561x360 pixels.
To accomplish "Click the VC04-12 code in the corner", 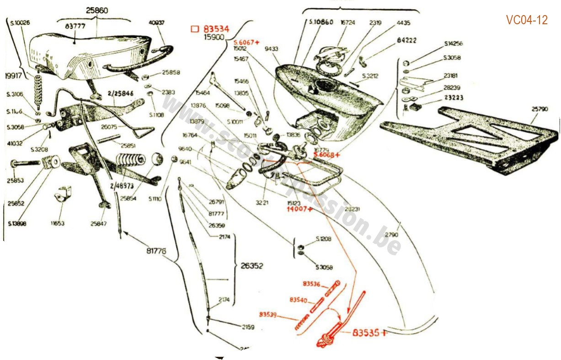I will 527,20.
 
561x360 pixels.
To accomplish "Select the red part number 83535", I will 366,333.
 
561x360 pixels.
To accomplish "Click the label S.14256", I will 453,44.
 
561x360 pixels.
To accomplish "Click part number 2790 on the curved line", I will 392,235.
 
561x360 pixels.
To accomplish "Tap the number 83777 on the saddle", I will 76,26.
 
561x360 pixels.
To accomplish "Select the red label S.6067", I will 245,42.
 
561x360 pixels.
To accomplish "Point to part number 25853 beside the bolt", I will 16,180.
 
